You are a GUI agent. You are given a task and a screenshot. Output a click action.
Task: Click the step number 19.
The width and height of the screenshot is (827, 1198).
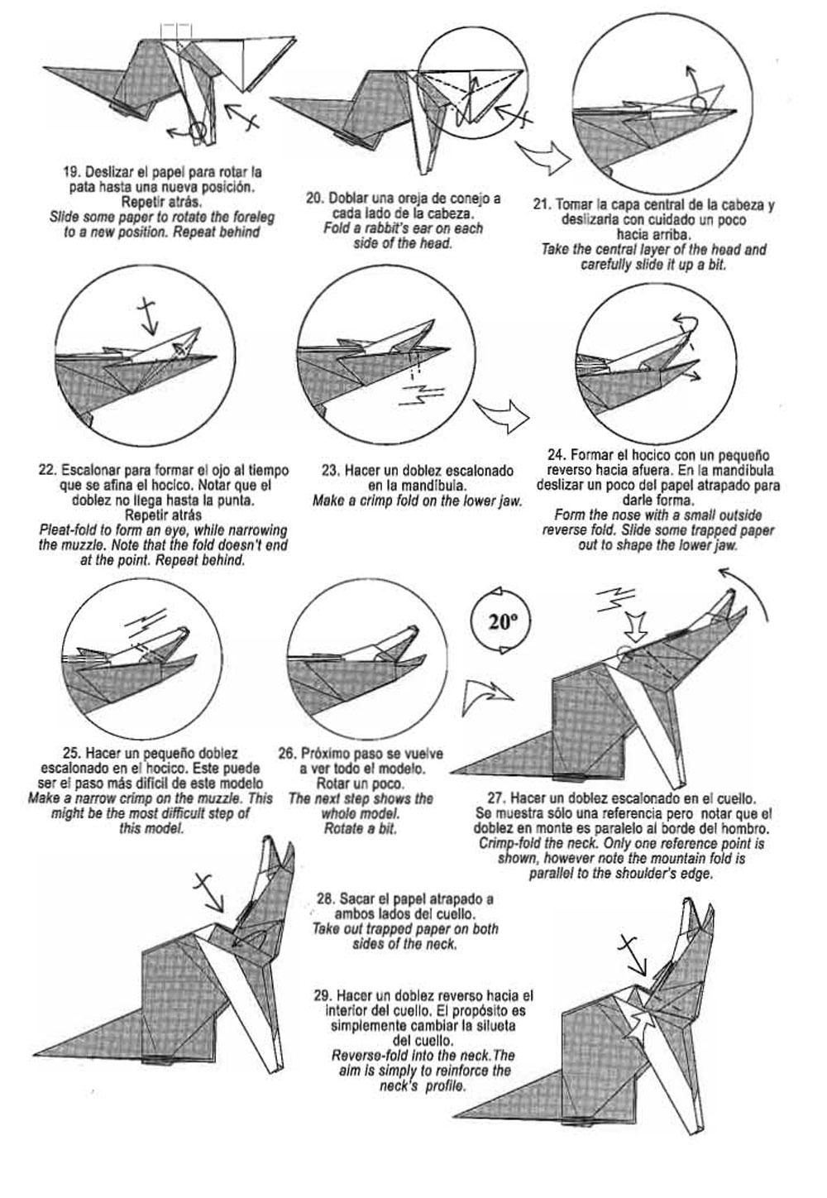coord(71,173)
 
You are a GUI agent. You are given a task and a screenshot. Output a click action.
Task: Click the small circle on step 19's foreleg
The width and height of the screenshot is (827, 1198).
coord(197,130)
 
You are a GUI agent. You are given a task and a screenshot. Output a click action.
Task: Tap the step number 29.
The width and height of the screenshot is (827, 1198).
coord(323,995)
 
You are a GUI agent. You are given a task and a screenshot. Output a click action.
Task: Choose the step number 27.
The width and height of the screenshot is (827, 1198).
coord(497,799)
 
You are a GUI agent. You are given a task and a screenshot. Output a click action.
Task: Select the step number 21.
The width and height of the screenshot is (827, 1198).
coord(542,204)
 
